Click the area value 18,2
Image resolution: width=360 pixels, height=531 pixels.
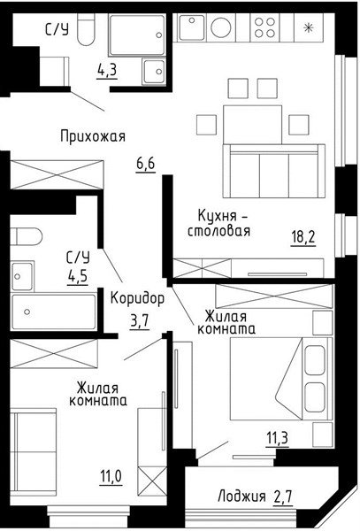(x=303, y=236)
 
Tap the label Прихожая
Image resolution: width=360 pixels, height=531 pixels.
(x=93, y=136)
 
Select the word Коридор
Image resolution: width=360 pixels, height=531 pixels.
(x=138, y=299)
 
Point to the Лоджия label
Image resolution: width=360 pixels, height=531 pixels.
(x=241, y=496)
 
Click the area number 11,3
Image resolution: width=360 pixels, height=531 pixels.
(x=277, y=438)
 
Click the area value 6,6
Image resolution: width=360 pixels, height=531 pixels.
(x=146, y=164)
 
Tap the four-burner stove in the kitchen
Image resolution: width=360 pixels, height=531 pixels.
(x=264, y=27)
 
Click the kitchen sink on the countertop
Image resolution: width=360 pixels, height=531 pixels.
(x=192, y=27)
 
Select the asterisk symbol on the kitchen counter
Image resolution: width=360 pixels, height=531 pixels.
(x=308, y=28)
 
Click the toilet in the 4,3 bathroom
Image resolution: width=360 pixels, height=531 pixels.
(x=86, y=29)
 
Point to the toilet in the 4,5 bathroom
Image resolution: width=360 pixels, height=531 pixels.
(x=26, y=236)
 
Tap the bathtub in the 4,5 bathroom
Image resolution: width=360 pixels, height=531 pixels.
(x=54, y=312)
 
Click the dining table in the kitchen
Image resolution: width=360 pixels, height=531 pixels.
(x=252, y=124)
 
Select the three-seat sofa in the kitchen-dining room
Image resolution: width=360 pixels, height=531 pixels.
(x=273, y=171)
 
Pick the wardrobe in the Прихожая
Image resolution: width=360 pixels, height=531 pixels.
(x=57, y=174)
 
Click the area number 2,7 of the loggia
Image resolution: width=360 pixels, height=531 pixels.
(x=283, y=496)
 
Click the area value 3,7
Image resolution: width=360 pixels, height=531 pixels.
(x=140, y=321)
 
